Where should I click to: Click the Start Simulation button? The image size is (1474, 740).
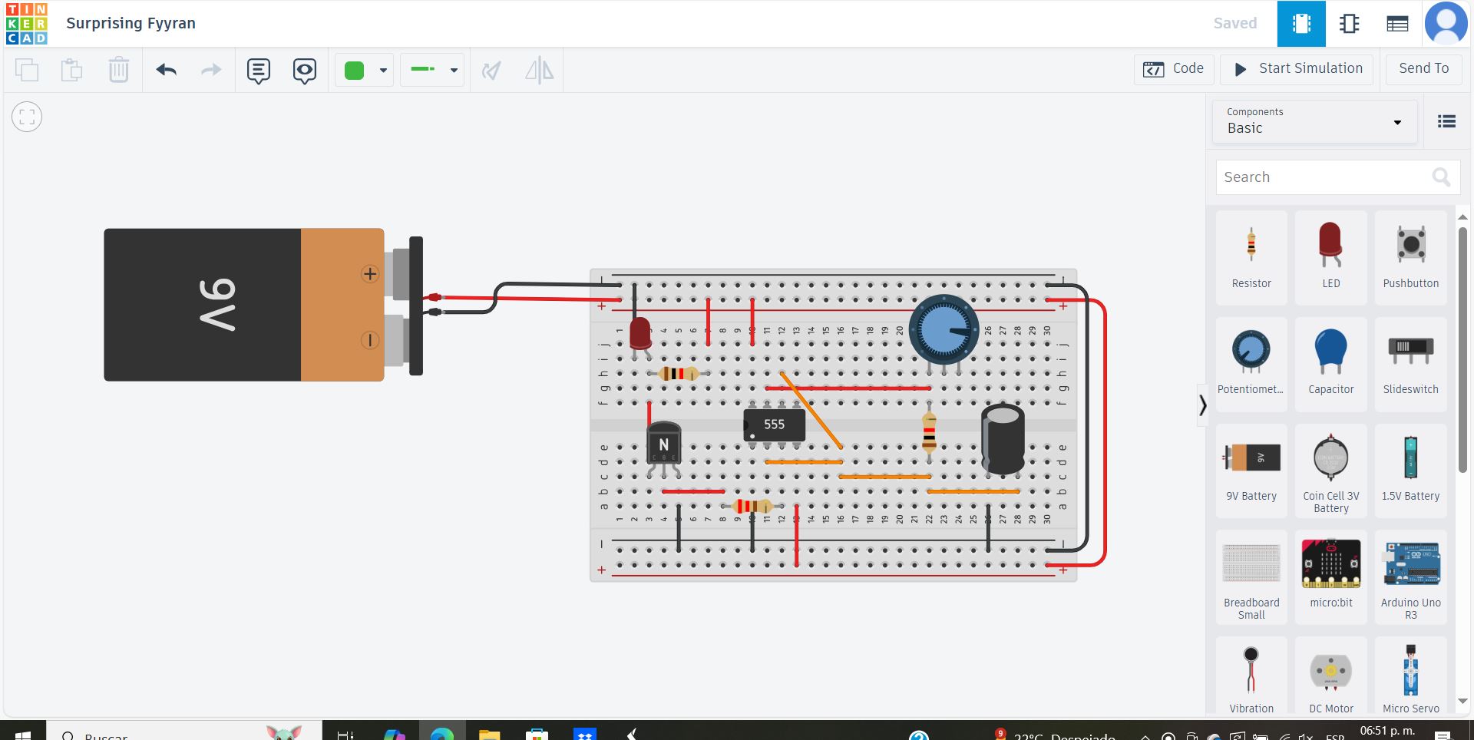[x=1299, y=69]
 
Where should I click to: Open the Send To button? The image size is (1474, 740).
[x=1423, y=69]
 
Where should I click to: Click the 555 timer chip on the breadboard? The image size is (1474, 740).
[x=774, y=425]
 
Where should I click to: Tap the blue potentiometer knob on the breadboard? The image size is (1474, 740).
[x=944, y=329]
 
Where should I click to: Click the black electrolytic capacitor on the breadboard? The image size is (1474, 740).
[x=1003, y=439]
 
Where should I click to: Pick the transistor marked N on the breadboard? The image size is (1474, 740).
[x=663, y=444]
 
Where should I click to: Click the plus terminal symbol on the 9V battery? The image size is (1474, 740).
[x=370, y=274]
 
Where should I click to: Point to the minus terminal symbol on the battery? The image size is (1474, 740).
[x=370, y=339]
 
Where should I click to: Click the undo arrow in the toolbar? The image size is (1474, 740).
[x=167, y=71]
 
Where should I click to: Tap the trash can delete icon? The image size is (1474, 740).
[x=118, y=71]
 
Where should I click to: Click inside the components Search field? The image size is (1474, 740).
[x=1324, y=177]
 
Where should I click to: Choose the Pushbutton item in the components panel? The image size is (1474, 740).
[x=1410, y=257]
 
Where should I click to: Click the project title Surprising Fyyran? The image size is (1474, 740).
[x=131, y=23]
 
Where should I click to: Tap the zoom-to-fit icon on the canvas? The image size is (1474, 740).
[x=27, y=117]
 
